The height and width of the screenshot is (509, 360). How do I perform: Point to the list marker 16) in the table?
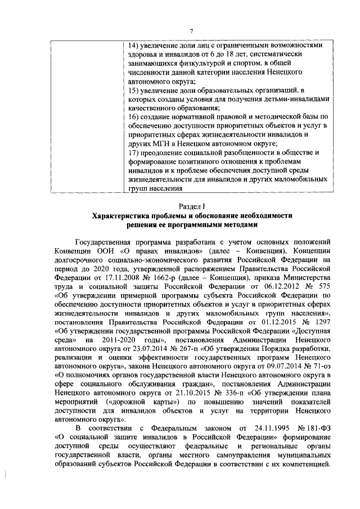click(132, 116)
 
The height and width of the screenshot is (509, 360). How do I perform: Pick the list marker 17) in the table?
click(132, 152)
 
